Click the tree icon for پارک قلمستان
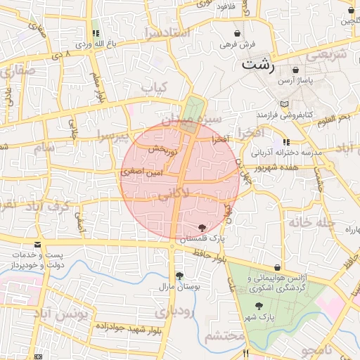(202, 227)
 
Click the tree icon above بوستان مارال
(179, 276)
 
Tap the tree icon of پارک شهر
(259, 306)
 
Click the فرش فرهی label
(236, 45)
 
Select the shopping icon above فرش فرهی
(237, 34)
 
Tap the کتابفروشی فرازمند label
(284, 115)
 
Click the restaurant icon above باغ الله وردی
(95, 32)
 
